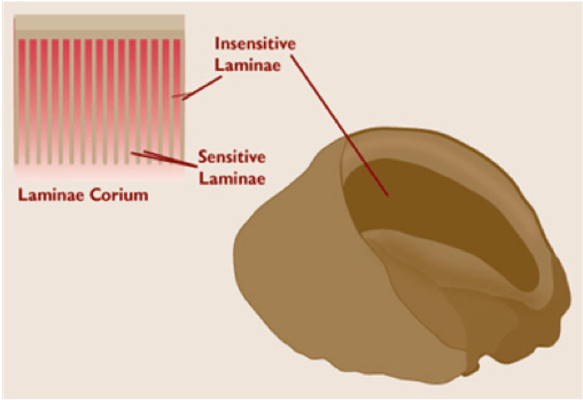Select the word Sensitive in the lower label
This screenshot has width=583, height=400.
232,158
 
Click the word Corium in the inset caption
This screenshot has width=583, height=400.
119,195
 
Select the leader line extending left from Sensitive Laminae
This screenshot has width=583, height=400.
163,158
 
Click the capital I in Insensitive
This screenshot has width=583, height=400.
217,45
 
